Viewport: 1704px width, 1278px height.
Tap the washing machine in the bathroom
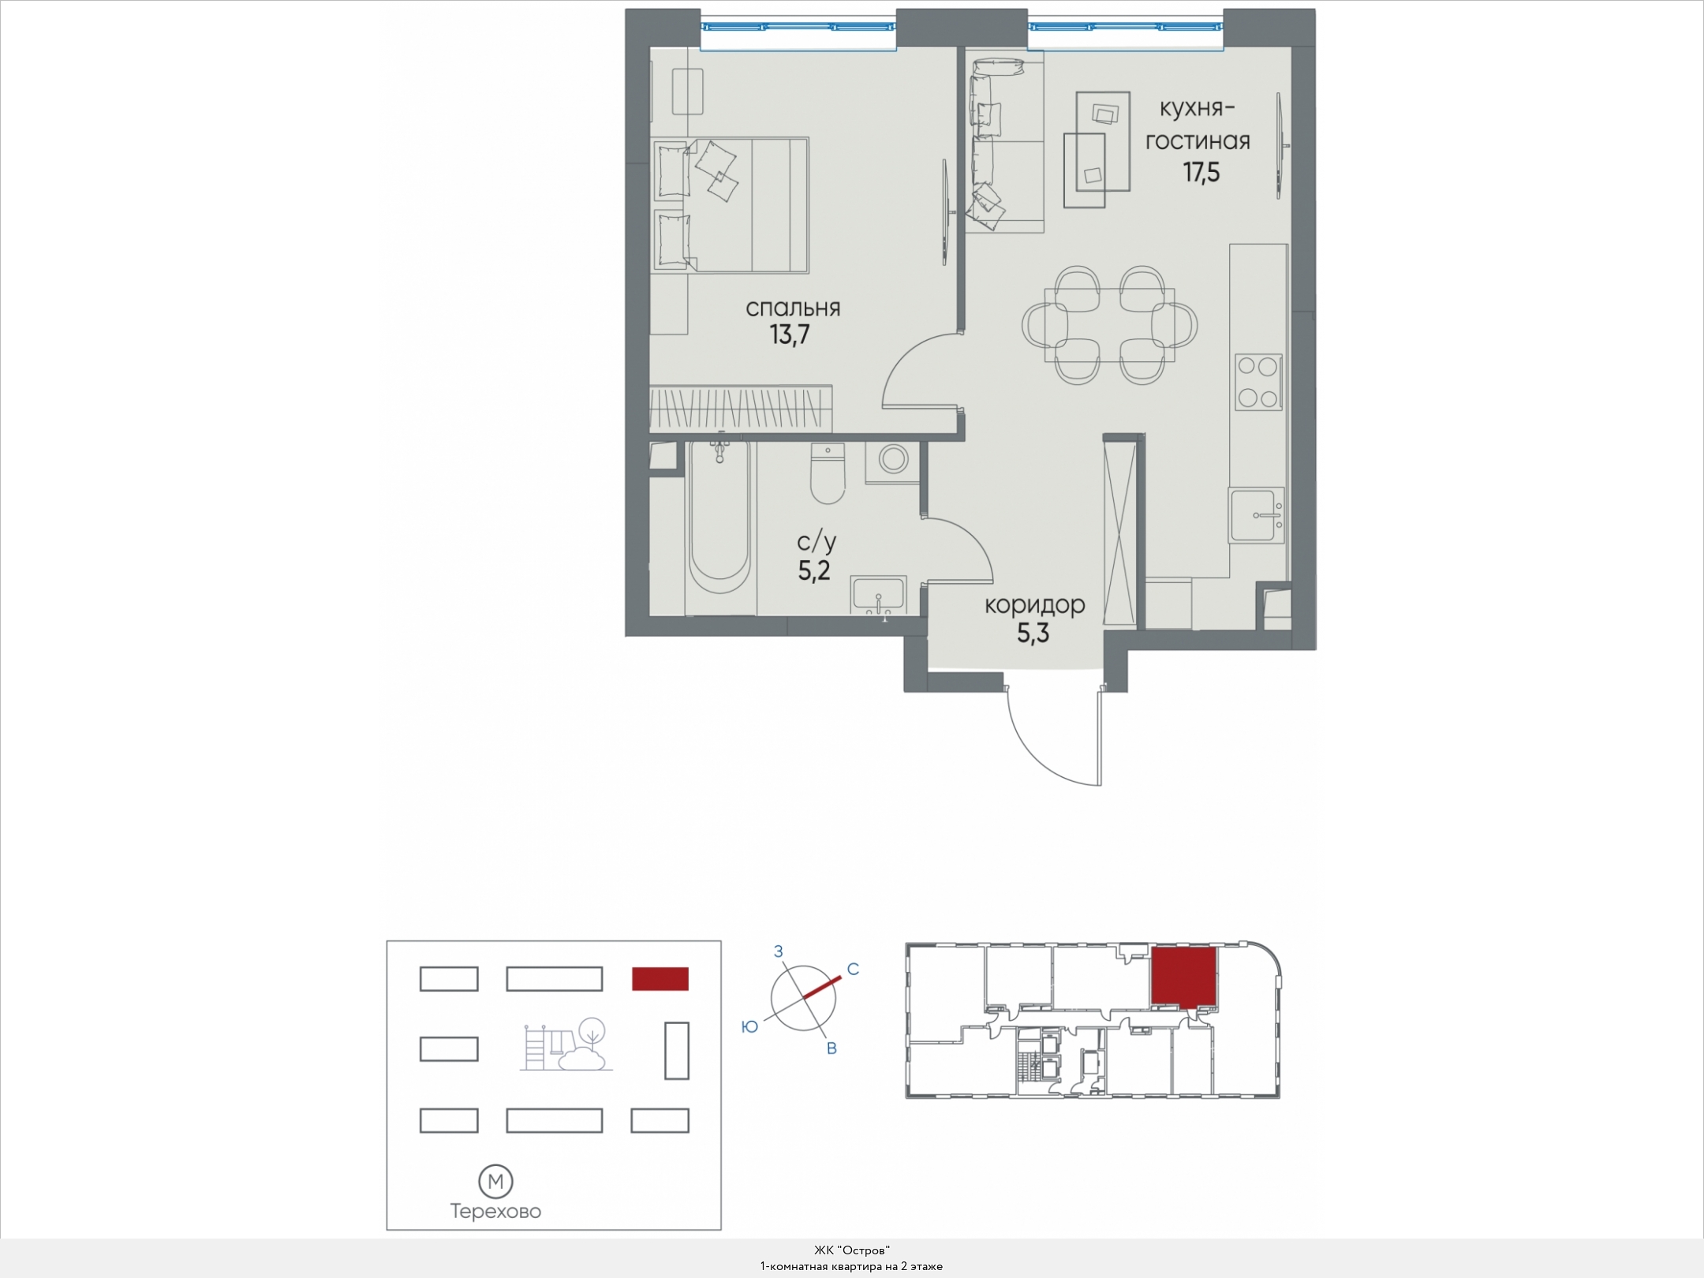click(895, 461)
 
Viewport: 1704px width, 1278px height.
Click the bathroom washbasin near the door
click(878, 595)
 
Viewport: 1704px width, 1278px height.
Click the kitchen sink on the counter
click(1256, 515)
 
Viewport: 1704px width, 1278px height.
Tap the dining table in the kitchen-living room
click(1109, 325)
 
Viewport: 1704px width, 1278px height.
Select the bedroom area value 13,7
click(790, 335)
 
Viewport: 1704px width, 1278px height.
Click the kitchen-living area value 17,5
click(1201, 172)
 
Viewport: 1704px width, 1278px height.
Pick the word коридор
click(1034, 605)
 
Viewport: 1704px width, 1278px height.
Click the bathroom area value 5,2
click(813, 570)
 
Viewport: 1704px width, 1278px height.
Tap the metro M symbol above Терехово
click(496, 1181)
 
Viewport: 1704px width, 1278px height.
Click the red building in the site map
click(660, 978)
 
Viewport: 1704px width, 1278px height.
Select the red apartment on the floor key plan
click(1183, 977)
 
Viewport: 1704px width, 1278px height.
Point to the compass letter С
click(853, 969)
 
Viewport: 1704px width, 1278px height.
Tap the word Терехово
click(495, 1212)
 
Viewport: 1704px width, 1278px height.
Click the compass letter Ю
click(749, 1026)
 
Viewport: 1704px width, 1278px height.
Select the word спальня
click(793, 308)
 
